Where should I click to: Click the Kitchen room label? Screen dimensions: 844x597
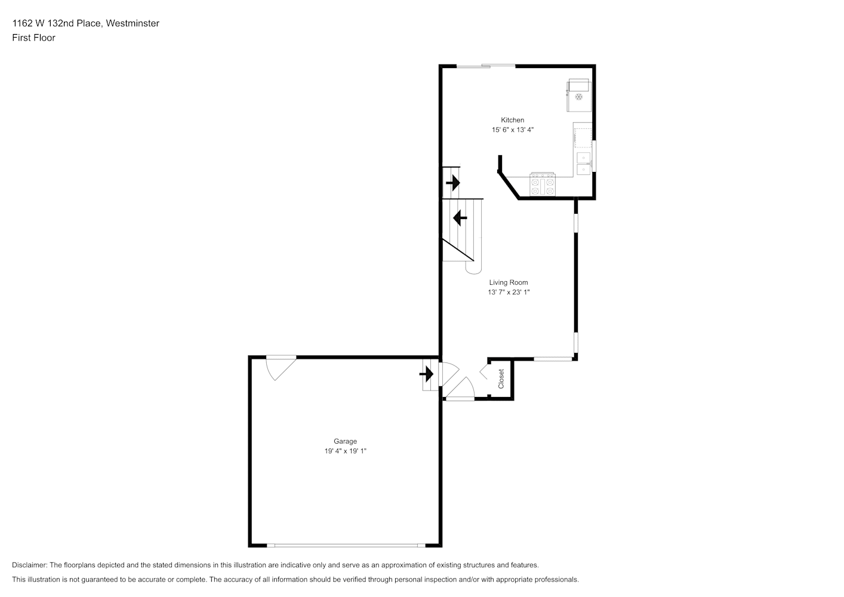coord(512,120)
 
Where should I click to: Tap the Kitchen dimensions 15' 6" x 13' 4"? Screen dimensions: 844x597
coord(512,130)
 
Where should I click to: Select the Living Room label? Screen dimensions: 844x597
coord(509,282)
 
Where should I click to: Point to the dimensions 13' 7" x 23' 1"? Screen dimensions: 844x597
coord(509,292)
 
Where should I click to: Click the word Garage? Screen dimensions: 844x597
coord(345,441)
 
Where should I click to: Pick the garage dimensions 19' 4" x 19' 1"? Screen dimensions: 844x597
coord(345,451)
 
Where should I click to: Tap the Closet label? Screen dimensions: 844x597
coord(501,378)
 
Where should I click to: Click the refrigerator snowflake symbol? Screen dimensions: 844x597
coord(579,97)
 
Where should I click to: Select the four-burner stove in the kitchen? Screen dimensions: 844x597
coord(543,184)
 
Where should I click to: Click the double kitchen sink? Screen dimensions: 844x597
coord(583,164)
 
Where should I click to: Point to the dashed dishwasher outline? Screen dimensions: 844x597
coord(583,137)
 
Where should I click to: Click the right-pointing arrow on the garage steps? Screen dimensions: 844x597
coord(427,374)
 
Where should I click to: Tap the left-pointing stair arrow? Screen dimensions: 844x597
coord(460,218)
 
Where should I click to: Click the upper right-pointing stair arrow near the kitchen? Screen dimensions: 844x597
coord(453,183)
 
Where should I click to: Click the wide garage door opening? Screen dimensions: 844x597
coord(346,546)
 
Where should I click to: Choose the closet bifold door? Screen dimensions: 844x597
coord(484,371)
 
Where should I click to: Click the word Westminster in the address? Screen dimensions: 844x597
coord(133,23)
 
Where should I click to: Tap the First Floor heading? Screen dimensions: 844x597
coord(33,38)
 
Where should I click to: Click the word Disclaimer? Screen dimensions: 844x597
coord(30,565)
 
